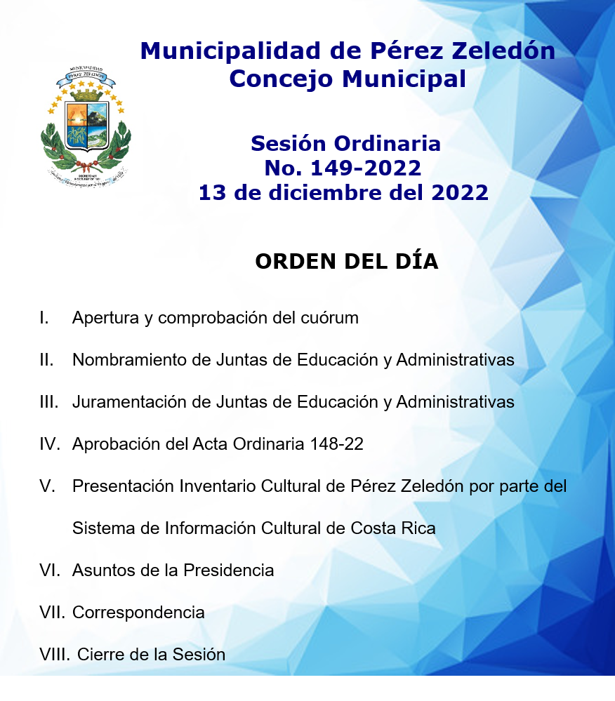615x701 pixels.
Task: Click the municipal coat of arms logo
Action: [x=86, y=125]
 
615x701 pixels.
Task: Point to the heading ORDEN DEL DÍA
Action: [x=346, y=261]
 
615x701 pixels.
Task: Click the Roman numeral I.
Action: [x=44, y=318]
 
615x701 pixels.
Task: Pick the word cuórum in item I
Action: [x=330, y=318]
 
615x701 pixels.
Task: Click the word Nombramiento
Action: [x=128, y=360]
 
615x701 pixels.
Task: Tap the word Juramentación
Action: [x=129, y=402]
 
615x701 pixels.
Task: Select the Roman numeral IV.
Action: [x=51, y=444]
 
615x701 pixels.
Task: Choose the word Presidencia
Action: [x=228, y=570]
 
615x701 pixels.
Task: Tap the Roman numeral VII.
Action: [x=53, y=613]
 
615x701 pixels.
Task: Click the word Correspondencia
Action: [x=138, y=613]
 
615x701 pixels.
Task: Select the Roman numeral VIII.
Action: [x=55, y=655]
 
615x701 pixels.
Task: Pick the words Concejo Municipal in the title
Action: [x=348, y=79]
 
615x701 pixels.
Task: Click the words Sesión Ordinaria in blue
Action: [x=345, y=144]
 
